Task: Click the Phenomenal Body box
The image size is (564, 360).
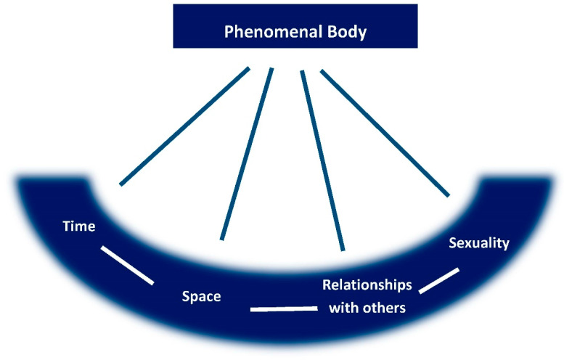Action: pos(295,25)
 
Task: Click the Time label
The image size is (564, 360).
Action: pos(79,226)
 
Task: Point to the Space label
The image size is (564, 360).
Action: pos(201,296)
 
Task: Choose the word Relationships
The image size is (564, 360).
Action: pos(367,285)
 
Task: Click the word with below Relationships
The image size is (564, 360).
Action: pos(344,308)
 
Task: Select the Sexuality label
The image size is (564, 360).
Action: pos(479,242)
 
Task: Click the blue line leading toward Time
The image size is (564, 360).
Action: pos(184,126)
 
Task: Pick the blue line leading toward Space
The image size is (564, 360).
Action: pos(247,153)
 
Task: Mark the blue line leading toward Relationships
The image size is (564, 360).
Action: pos(322,160)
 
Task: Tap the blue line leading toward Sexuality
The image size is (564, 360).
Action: pos(385,132)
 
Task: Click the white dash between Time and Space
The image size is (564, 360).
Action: pos(127,265)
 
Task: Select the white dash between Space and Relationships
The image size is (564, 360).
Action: pos(284,309)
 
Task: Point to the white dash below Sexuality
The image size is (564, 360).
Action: pos(439,281)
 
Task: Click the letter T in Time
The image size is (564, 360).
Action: pos(65,226)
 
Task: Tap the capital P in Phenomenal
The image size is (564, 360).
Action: pos(228,33)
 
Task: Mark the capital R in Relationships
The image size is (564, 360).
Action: pos(326,285)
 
